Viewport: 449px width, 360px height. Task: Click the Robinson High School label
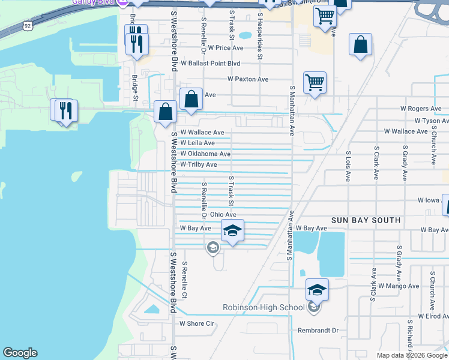pyautogui.click(x=264, y=308)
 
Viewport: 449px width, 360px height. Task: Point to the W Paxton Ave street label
pyautogui.click(x=247, y=79)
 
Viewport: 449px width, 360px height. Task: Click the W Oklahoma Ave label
pyautogui.click(x=205, y=154)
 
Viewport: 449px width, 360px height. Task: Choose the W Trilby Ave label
pyautogui.click(x=198, y=164)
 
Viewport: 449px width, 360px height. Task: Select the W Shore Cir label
pyautogui.click(x=197, y=323)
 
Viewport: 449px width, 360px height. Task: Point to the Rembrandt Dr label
pyautogui.click(x=318, y=331)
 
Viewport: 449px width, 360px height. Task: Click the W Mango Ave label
pyautogui.click(x=399, y=286)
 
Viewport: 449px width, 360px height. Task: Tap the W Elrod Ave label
pyautogui.click(x=433, y=316)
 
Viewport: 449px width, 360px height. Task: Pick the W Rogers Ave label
pyautogui.click(x=421, y=109)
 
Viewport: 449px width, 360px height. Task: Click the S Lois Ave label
pyautogui.click(x=348, y=166)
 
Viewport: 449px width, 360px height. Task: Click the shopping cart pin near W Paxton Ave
pyautogui.click(x=315, y=83)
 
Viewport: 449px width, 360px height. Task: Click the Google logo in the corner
pyautogui.click(x=20, y=353)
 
